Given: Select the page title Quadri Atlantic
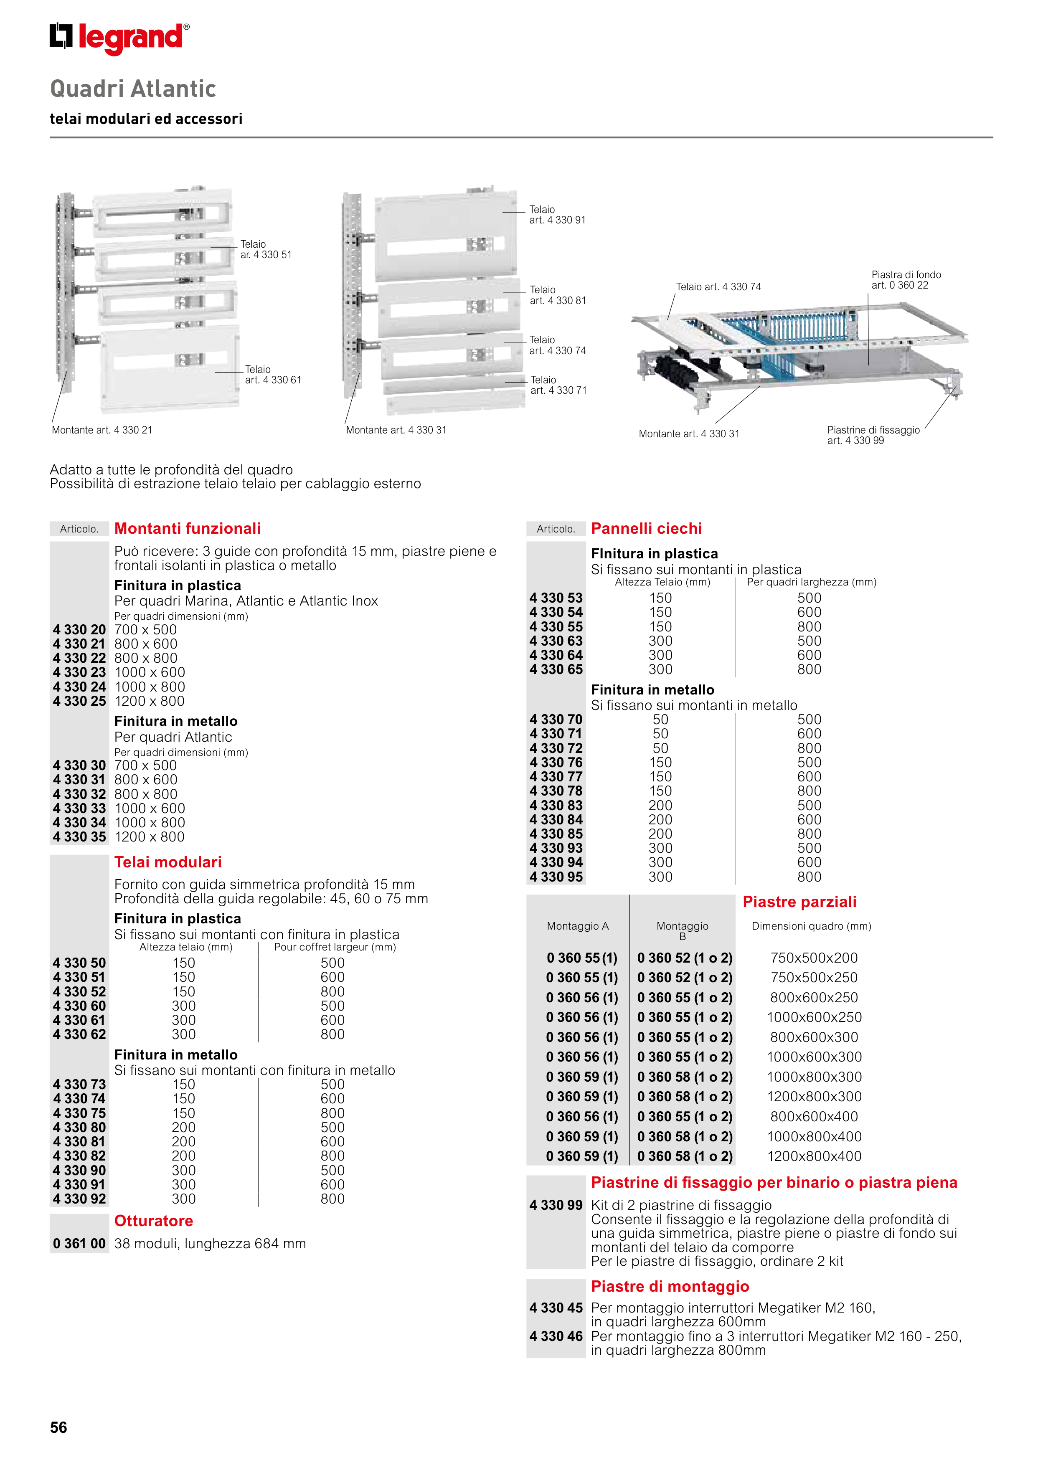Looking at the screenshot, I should [x=133, y=89].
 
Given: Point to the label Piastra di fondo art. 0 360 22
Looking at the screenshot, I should [x=906, y=280].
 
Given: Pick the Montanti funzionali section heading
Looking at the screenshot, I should [x=187, y=528].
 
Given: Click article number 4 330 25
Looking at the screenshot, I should [x=79, y=701].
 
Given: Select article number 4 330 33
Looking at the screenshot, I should [x=79, y=808].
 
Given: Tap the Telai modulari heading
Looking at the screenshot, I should [x=168, y=862].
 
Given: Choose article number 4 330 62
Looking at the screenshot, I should [x=79, y=1034].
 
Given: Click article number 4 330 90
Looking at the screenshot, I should [x=79, y=1171].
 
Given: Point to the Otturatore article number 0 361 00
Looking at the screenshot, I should [x=79, y=1243].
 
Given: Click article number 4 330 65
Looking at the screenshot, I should [x=556, y=669].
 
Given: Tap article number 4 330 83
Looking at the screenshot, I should [x=556, y=806].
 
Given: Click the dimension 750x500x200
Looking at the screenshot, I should [x=814, y=958].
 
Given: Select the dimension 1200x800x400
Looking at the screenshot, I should [x=814, y=1156].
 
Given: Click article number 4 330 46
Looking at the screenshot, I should [x=556, y=1336].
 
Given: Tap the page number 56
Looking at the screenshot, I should [x=58, y=1427].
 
